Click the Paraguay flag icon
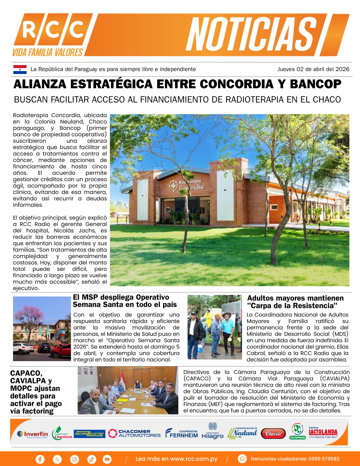pos(20,69)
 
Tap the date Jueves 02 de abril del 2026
pos(313,69)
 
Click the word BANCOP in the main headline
pos(315,84)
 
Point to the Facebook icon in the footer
pos(40,459)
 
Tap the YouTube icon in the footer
pos(107,459)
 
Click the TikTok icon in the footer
pos(91,459)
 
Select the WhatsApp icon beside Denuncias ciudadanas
pos(242,459)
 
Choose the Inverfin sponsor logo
pos(33,434)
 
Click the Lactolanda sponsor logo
pos(323,433)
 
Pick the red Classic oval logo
pos(273,434)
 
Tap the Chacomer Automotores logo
pos(134,433)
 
